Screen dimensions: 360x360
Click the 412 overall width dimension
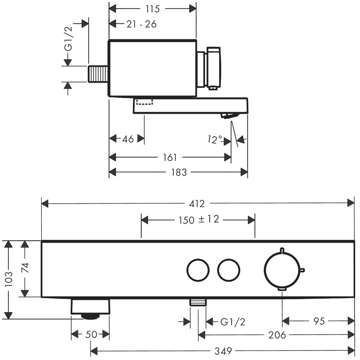tap(197, 204)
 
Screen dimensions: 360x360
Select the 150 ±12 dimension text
tap(199, 220)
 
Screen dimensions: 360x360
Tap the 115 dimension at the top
tap(152, 9)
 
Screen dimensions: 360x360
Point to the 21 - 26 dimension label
tap(141, 24)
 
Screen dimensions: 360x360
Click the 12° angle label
tap(215, 139)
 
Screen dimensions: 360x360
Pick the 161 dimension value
tap(170, 158)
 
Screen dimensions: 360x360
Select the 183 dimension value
tap(179, 172)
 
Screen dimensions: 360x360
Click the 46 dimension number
tap(128, 139)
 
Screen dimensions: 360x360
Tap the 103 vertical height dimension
tap(9, 279)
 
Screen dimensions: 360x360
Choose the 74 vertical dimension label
tap(25, 268)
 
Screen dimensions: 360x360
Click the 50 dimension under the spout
tap(91, 334)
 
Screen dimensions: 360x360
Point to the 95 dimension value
tap(319, 321)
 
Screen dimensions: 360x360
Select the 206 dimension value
tap(277, 335)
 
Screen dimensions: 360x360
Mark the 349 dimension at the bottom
tap(223, 351)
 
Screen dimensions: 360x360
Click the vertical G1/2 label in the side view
tap(68, 39)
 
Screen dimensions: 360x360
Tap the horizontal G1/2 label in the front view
tap(233, 322)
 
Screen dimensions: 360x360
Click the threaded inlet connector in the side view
tap(98, 74)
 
